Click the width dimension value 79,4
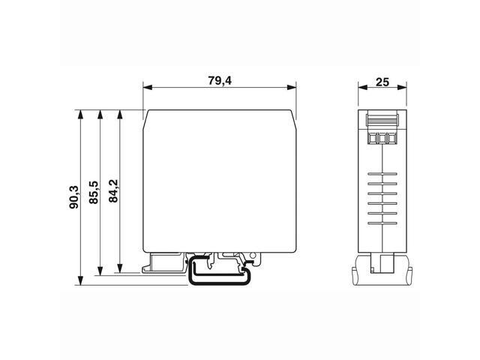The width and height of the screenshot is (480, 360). click(220, 79)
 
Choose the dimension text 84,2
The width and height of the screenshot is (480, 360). click(113, 191)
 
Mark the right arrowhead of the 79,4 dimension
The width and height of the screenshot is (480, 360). click(292, 88)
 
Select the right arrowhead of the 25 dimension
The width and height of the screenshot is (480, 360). click(405, 88)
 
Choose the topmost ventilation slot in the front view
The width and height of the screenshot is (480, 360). click(382, 175)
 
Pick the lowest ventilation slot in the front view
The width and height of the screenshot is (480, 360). click(382, 222)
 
